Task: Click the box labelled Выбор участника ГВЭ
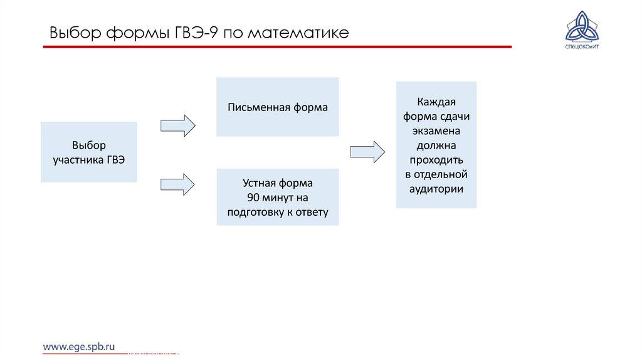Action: click(88, 152)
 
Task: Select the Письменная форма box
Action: click(277, 107)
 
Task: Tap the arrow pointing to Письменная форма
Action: click(178, 125)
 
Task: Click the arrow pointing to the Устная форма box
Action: click(178, 184)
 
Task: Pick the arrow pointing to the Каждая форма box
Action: click(367, 152)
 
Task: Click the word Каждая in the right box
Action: click(436, 102)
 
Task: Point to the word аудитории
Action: click(436, 188)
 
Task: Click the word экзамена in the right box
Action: click(436, 131)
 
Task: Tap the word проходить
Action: click(436, 160)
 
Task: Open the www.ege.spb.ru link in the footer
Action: click(79, 346)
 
